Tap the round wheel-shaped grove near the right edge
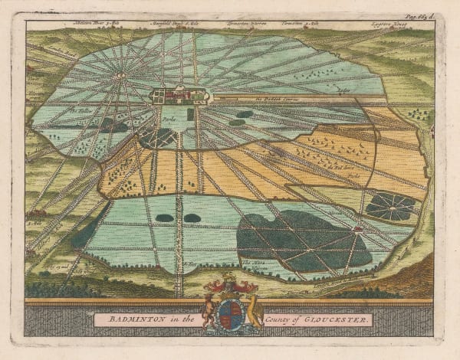(x=390, y=206)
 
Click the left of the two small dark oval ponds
(x=165, y=218)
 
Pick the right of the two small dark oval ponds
(x=192, y=218)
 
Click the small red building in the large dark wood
(x=357, y=228)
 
